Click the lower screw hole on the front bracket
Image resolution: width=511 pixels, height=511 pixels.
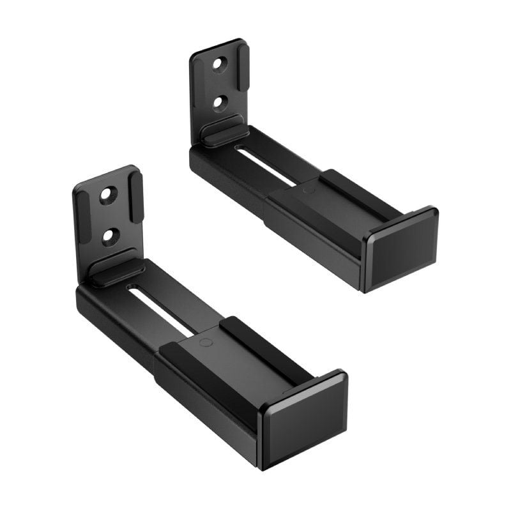pyautogui.click(x=110, y=236)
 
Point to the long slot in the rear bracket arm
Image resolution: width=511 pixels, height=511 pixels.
pyautogui.click(x=265, y=164)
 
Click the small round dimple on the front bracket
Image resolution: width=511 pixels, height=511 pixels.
pyautogui.click(x=206, y=342)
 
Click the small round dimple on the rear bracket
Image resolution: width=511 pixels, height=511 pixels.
pyautogui.click(x=308, y=190)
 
